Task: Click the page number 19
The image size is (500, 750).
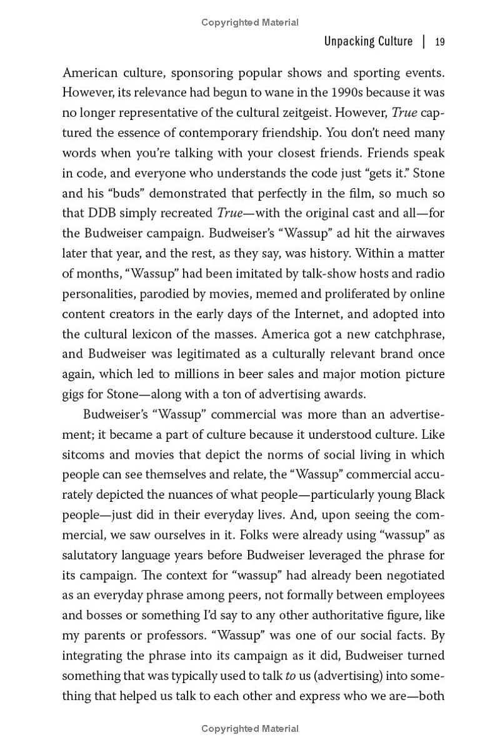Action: click(x=439, y=42)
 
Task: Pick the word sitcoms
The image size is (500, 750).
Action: click(x=84, y=454)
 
